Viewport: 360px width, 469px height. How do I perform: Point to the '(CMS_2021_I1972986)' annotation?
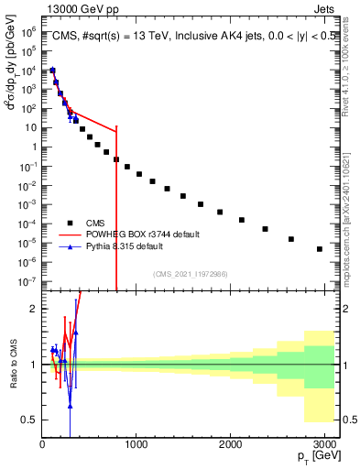click(190, 274)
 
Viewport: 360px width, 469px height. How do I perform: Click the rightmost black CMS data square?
click(319, 249)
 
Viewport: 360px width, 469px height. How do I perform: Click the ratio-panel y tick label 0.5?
click(27, 420)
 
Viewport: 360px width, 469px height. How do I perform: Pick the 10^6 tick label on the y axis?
click(27, 30)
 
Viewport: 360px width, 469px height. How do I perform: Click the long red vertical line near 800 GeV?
click(116, 211)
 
